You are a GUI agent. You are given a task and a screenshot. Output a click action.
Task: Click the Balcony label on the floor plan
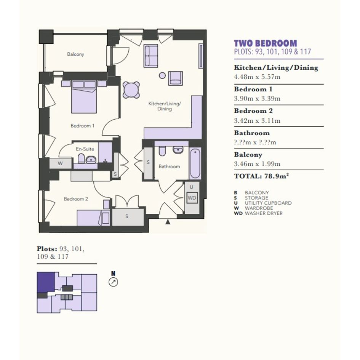click(x=75, y=54)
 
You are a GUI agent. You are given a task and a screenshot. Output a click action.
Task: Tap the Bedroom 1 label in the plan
click(x=82, y=126)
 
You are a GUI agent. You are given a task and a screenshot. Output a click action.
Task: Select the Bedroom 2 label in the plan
click(x=76, y=199)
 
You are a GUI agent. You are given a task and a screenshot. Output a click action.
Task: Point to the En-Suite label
click(x=85, y=149)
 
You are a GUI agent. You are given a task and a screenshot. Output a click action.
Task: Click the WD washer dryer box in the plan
click(x=192, y=198)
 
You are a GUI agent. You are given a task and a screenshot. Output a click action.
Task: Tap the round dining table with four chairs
click(x=131, y=90)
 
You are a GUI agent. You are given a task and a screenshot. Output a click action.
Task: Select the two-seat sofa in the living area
click(x=150, y=56)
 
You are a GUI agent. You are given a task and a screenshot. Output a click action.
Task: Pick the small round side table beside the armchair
click(x=162, y=75)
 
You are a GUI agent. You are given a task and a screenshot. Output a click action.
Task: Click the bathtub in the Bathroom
click(x=195, y=163)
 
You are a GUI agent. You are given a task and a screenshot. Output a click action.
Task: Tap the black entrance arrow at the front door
click(x=168, y=222)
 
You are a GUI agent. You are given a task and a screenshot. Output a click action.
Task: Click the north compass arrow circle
click(x=113, y=282)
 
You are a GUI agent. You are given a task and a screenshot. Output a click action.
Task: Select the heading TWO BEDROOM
click(x=266, y=43)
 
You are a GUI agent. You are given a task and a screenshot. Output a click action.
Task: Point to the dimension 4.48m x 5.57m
click(x=257, y=77)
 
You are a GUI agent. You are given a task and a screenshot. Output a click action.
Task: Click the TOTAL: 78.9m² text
click(x=261, y=176)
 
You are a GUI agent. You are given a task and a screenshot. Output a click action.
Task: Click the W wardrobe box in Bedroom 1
click(x=61, y=163)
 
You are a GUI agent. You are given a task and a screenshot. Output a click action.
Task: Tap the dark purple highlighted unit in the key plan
click(x=46, y=282)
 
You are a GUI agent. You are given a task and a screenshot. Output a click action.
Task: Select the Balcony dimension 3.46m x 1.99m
click(x=257, y=164)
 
